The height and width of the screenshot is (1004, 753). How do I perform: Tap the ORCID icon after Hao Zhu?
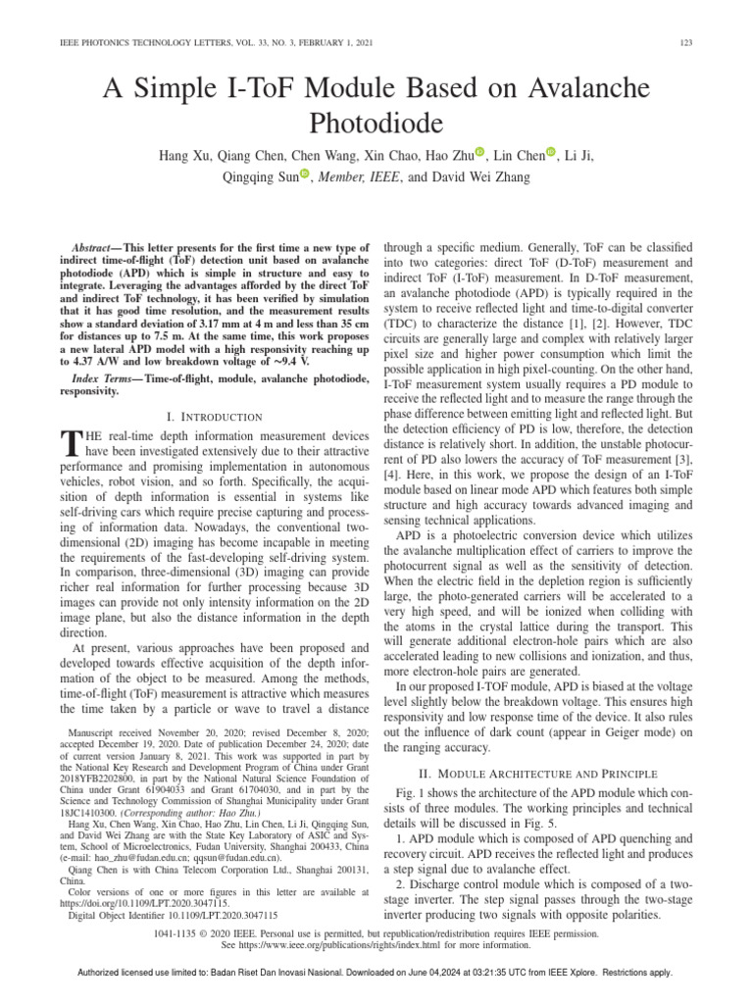[479, 153]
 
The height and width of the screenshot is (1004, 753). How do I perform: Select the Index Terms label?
[105, 378]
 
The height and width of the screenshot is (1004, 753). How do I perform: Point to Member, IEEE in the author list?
[357, 176]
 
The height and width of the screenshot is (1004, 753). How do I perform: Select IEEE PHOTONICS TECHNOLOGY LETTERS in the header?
[125, 40]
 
